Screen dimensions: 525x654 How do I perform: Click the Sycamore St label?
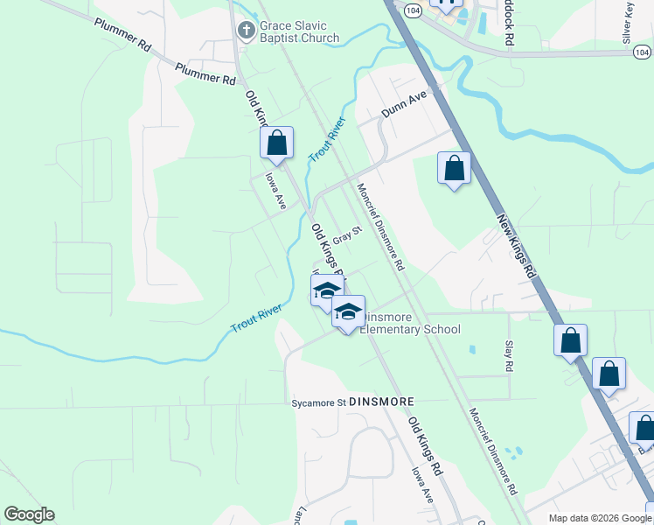[x=318, y=403]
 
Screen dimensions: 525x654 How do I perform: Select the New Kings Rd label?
[x=516, y=247]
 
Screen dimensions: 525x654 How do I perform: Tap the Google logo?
[x=29, y=514]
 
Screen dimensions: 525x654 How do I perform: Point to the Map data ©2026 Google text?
[x=599, y=518]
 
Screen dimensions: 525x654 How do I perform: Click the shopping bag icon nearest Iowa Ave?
[x=276, y=143]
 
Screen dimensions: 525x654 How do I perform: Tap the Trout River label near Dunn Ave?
[x=328, y=139]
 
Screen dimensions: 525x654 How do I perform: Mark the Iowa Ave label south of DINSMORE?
[x=423, y=483]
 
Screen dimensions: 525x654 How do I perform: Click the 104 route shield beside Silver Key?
[x=642, y=52]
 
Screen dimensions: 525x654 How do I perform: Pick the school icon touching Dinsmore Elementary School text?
[x=348, y=313]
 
